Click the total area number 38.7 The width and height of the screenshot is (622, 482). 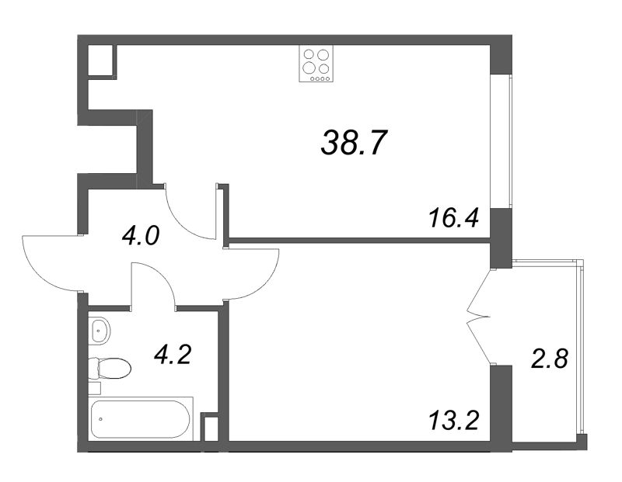pyautogui.click(x=353, y=143)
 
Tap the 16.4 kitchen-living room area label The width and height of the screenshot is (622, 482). pyautogui.click(x=454, y=218)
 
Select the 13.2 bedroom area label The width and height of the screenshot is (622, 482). pyautogui.click(x=454, y=421)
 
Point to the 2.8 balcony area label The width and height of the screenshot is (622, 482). pyautogui.click(x=550, y=359)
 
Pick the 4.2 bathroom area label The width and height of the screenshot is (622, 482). pyautogui.click(x=173, y=355)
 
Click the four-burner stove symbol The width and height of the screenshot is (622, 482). pyautogui.click(x=316, y=64)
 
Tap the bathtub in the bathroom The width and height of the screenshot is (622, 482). pyautogui.click(x=140, y=418)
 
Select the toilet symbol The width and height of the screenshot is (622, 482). pyautogui.click(x=110, y=369)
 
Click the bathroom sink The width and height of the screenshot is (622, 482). pyautogui.click(x=99, y=331)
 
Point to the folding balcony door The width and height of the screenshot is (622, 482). pyautogui.click(x=478, y=316)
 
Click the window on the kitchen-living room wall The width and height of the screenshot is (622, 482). pyautogui.click(x=501, y=140)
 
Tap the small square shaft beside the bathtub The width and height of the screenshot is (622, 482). pyautogui.click(x=209, y=428)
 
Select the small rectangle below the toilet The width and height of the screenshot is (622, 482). pyautogui.click(x=94, y=388)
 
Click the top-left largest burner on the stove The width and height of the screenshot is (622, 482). pyautogui.click(x=309, y=54)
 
